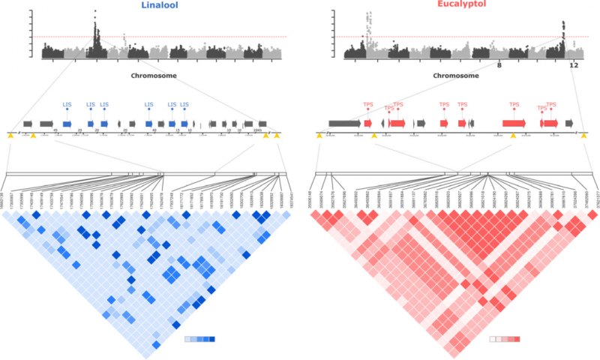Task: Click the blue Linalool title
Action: point(160,6)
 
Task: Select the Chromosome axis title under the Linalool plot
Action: point(152,75)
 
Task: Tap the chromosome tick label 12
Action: point(574,65)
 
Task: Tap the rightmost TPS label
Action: point(551,105)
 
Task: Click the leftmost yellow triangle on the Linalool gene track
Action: point(10,136)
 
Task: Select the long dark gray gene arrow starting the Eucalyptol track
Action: point(344,123)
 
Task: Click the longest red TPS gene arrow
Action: point(514,123)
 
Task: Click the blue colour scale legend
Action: point(200,339)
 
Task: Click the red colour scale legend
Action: point(505,339)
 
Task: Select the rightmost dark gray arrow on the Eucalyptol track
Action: point(570,123)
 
